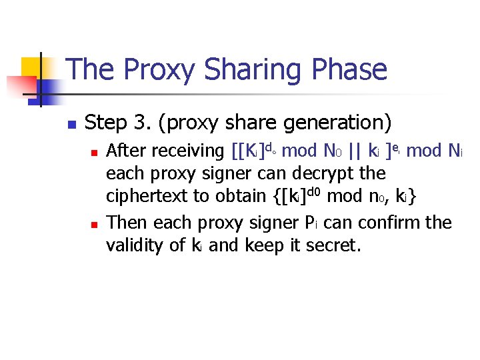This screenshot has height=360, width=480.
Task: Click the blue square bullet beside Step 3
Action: point(71,125)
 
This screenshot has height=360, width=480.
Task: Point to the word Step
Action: point(107,123)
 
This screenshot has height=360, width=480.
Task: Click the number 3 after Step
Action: point(139,123)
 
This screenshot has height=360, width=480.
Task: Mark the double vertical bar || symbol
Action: point(355,151)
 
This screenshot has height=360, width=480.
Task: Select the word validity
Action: point(137,246)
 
